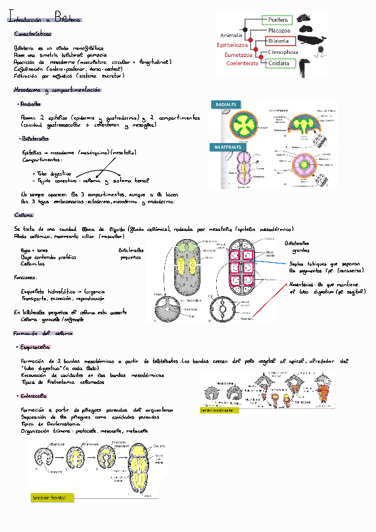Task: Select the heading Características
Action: click(x=33, y=34)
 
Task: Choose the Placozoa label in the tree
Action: click(x=278, y=30)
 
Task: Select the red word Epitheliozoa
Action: click(x=233, y=45)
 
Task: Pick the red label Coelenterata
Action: click(x=243, y=63)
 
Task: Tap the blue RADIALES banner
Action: click(x=226, y=104)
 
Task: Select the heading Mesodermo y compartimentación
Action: click(x=57, y=90)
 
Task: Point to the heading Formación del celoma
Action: click(x=43, y=333)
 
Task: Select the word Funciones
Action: click(x=26, y=277)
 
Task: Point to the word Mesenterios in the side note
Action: click(x=303, y=285)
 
